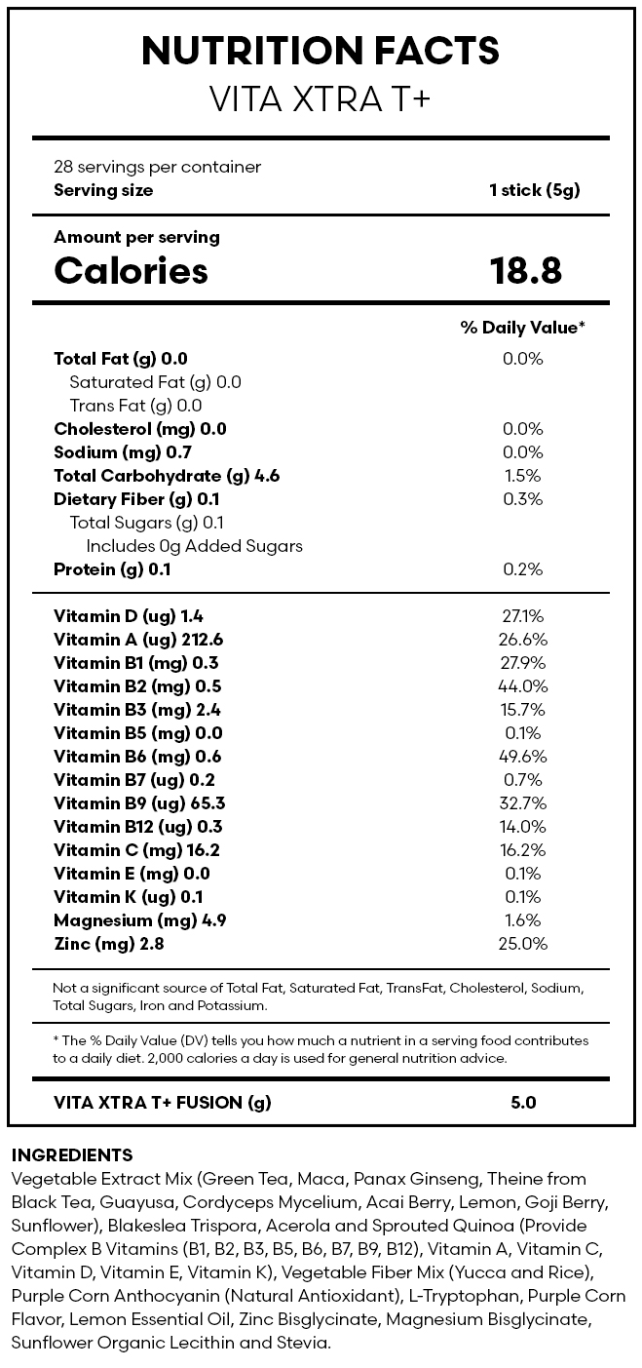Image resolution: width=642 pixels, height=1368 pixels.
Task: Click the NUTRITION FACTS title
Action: [x=321, y=50]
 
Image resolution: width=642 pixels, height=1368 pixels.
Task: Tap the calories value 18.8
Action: [x=525, y=270]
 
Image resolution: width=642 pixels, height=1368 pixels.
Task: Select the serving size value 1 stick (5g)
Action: [x=535, y=190]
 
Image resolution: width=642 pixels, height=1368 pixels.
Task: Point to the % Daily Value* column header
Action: [x=523, y=328]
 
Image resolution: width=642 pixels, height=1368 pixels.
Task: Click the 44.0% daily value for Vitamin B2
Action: [x=523, y=686]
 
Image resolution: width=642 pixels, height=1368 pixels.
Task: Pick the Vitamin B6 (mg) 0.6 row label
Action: [x=137, y=757]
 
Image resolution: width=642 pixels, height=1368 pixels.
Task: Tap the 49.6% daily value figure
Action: [x=523, y=757]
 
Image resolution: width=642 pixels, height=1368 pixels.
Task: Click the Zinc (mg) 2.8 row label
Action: [x=109, y=944]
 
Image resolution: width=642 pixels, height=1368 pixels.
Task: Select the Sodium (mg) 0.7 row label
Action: [x=123, y=452]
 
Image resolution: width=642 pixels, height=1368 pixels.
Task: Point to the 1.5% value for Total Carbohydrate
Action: [x=523, y=476]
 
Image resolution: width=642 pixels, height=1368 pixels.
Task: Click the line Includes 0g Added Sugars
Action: [x=194, y=546]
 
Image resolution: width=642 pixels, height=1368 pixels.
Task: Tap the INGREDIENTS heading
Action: [x=72, y=1154]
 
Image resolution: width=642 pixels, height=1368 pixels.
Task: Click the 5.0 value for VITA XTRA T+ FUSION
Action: [x=523, y=1103]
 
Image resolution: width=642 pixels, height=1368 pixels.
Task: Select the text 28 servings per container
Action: [x=158, y=167]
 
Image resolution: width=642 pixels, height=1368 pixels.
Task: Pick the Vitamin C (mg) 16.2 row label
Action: [x=136, y=850]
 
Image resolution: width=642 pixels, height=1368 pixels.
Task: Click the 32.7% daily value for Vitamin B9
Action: [x=523, y=803]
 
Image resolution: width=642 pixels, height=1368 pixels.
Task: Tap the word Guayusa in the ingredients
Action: [x=137, y=1202]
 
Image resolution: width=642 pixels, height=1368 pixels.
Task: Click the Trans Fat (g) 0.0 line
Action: [x=135, y=406]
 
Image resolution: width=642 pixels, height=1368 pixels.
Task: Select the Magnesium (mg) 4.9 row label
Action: [x=139, y=920]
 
